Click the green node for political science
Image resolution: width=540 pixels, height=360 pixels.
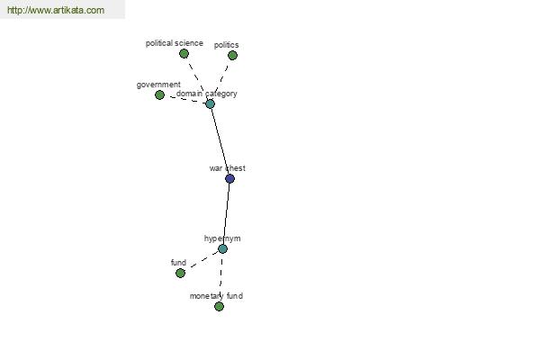tap(184, 53)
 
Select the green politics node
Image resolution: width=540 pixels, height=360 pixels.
tap(232, 55)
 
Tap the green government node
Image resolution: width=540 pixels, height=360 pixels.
tap(159, 94)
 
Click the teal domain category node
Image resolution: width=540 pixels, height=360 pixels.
tap(210, 103)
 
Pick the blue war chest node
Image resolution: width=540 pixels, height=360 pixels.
tap(229, 178)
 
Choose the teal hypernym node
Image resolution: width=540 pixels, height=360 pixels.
tap(222, 248)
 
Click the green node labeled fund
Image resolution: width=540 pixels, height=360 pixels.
tap(180, 273)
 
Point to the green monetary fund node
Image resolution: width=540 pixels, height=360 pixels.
tap(219, 306)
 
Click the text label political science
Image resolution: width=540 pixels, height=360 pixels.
tap(175, 43)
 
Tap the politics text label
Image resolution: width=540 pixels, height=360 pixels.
tap(226, 45)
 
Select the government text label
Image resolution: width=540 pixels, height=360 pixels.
tap(158, 85)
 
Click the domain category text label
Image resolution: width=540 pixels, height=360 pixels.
tap(207, 94)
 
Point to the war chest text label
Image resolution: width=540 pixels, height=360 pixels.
tap(228, 168)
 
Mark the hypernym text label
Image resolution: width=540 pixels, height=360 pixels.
tap(222, 238)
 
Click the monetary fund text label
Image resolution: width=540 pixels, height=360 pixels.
tap(216, 296)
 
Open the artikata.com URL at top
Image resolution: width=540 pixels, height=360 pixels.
tap(56, 10)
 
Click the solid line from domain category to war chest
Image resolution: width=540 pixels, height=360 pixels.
tap(220, 141)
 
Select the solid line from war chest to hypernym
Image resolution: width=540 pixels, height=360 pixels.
tap(227, 213)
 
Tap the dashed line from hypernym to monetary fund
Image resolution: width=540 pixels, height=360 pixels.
tap(221, 277)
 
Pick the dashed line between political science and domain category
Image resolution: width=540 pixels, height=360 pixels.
tap(197, 78)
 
